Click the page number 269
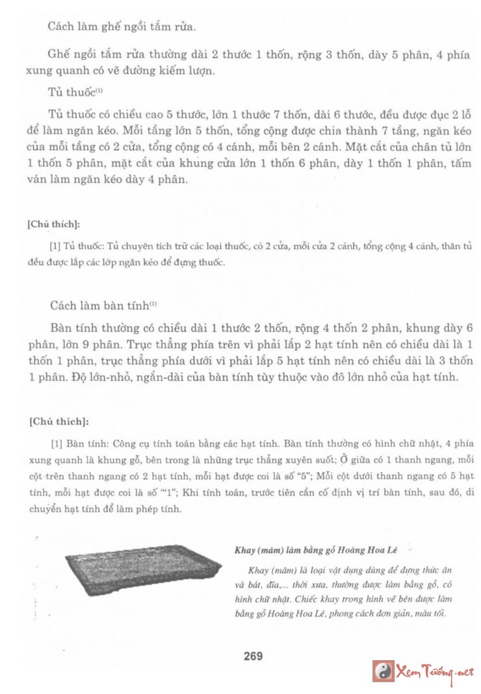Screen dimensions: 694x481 coord(253,656)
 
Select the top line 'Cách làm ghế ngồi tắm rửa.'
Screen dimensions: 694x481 coord(122,27)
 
